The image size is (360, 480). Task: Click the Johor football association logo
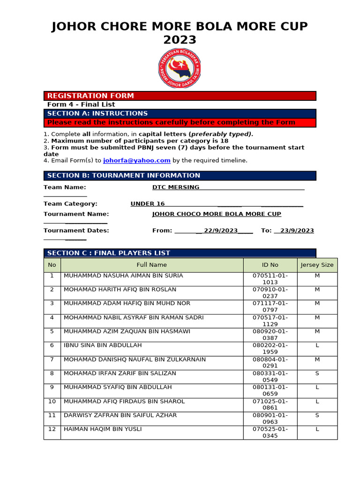click(x=180, y=68)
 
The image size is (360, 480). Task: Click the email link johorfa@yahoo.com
click(x=136, y=160)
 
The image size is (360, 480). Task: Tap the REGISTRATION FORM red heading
click(x=90, y=96)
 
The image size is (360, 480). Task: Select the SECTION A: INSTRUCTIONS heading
click(x=97, y=113)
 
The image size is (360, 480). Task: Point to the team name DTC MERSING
click(x=176, y=187)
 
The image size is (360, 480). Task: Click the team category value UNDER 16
click(x=148, y=204)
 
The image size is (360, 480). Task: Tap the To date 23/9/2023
click(x=297, y=231)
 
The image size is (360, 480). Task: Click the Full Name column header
click(x=151, y=265)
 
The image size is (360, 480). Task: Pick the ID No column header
click(x=270, y=265)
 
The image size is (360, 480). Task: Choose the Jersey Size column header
click(x=317, y=265)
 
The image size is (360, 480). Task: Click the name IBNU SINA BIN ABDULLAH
click(x=103, y=345)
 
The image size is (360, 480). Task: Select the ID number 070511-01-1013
click(x=270, y=279)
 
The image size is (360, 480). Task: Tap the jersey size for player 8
click(x=317, y=374)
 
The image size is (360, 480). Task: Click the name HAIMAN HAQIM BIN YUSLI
click(x=103, y=429)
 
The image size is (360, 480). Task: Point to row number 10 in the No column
click(x=52, y=402)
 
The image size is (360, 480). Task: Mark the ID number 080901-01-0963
click(x=270, y=419)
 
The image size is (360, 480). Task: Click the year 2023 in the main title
click(x=180, y=40)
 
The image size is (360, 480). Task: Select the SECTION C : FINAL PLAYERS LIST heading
click(x=109, y=253)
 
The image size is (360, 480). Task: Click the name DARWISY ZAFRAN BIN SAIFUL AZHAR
click(x=120, y=415)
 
